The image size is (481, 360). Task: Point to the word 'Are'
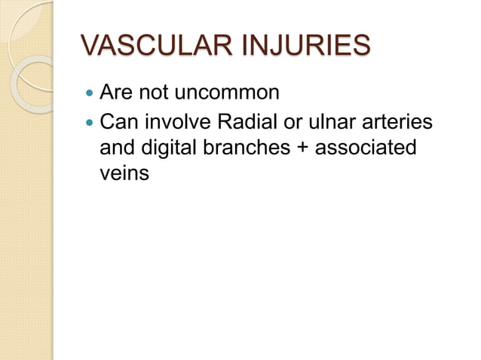click(x=116, y=94)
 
